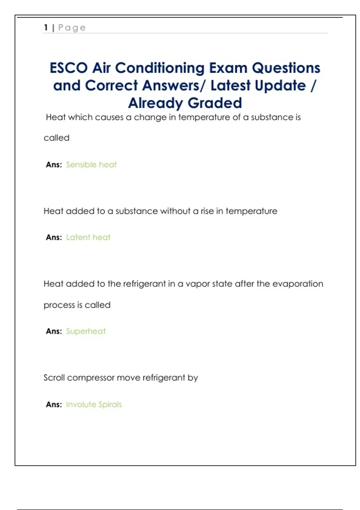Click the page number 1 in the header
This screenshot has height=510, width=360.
coord(46,28)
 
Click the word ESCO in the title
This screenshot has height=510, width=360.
coord(69,68)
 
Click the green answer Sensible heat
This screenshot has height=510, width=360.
coord(91,164)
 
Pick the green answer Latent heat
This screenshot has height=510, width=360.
coord(88,237)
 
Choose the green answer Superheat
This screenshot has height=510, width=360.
coord(86,331)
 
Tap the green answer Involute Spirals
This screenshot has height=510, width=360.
coord(94,404)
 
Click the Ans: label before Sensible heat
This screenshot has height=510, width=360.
coord(54,164)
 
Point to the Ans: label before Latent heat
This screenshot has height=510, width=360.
coord(54,237)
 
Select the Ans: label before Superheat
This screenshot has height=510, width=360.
coord(54,331)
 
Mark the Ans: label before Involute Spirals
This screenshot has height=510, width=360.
coord(54,404)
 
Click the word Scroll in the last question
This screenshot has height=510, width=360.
coord(54,377)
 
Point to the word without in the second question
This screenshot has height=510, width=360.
coord(175,211)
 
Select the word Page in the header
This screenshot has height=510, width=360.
coord(72,28)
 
